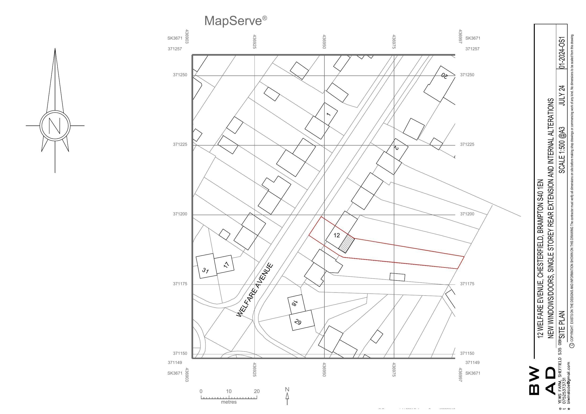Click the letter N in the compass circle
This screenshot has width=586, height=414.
[x=55, y=125]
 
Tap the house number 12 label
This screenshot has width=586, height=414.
[x=337, y=235]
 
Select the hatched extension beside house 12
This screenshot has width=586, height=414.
[x=346, y=244]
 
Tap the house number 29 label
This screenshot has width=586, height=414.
[x=297, y=322]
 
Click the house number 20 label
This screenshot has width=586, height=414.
[x=444, y=75]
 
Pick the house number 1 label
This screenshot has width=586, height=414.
[x=328, y=114]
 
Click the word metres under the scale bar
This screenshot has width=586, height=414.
[x=229, y=402]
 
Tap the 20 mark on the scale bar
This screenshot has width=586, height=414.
[x=256, y=391]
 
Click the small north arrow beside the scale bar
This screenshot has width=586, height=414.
[x=287, y=396]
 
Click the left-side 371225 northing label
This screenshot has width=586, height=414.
[x=180, y=144]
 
